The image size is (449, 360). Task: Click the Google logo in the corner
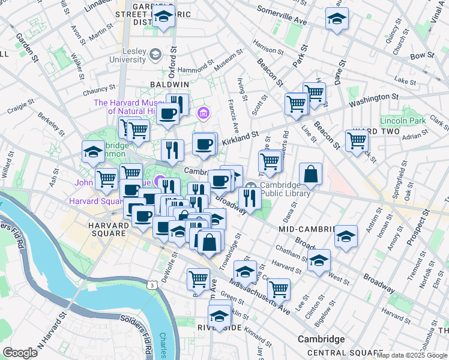19,353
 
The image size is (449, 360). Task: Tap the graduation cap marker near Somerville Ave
337,18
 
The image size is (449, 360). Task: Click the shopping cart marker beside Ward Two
357,140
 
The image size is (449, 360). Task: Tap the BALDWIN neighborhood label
169,85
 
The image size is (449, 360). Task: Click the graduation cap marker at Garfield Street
163,18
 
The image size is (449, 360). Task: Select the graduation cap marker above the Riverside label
220,314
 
